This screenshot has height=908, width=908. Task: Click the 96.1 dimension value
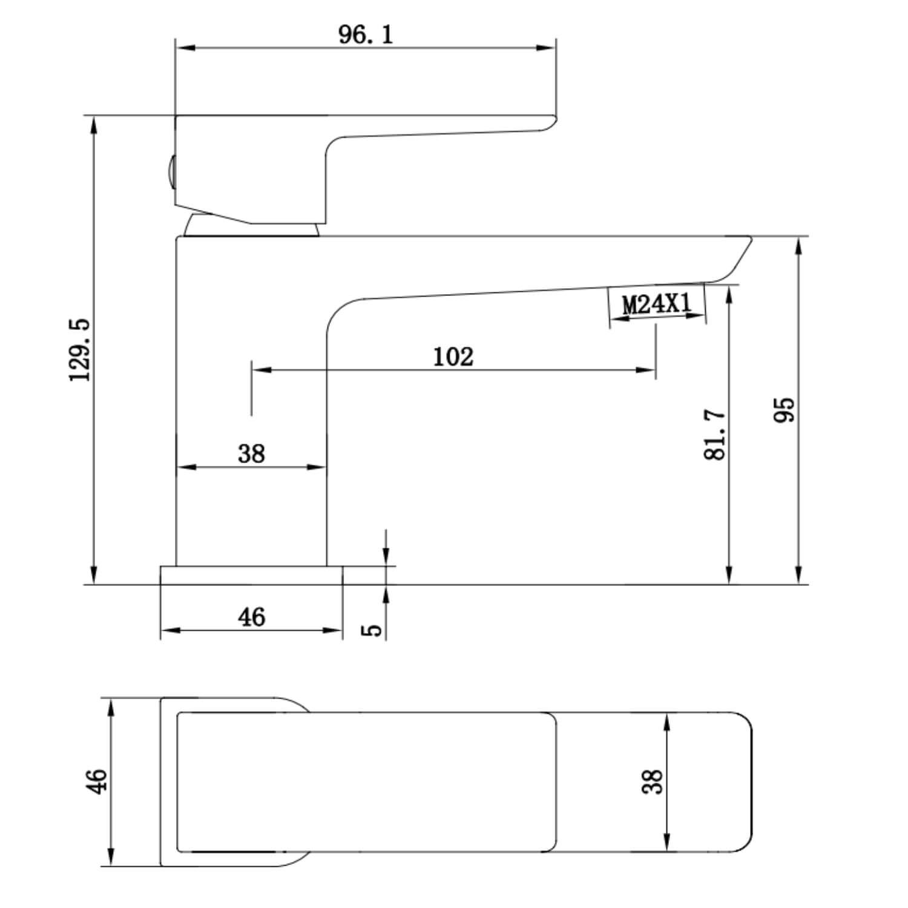click(366, 35)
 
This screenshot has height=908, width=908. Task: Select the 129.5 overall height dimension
click(80, 350)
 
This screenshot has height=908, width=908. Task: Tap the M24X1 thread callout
click(657, 304)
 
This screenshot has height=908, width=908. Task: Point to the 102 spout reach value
click(453, 357)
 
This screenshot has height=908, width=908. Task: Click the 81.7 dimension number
click(716, 435)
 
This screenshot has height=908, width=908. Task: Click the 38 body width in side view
click(251, 453)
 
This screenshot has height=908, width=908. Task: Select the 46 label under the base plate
click(251, 617)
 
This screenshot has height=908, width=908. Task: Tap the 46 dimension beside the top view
click(97, 780)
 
